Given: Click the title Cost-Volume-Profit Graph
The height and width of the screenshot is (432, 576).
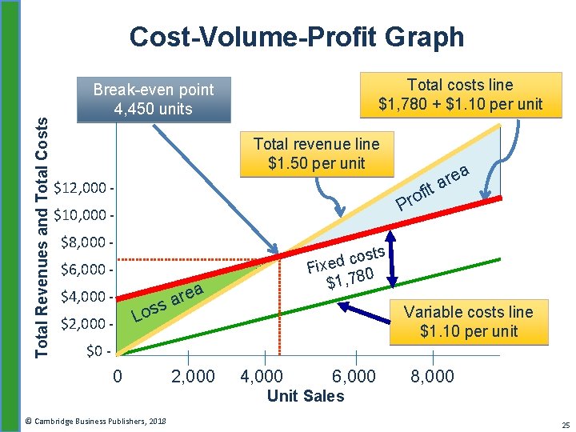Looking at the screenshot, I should click(x=296, y=37).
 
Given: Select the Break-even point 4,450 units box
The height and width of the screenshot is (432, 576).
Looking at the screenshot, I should click(x=153, y=99).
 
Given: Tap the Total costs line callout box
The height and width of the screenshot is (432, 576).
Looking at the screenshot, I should click(x=460, y=94).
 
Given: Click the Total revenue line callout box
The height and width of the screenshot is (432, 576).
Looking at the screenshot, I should click(x=316, y=154).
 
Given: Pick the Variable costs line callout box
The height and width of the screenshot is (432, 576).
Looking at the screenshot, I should click(x=468, y=322).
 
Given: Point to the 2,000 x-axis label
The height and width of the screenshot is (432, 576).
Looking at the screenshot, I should click(x=193, y=376).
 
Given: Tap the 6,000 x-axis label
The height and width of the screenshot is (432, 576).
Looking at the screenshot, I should click(x=353, y=376).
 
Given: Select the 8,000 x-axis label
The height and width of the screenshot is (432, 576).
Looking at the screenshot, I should click(x=432, y=376).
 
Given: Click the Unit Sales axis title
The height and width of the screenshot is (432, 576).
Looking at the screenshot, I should click(x=306, y=395).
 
